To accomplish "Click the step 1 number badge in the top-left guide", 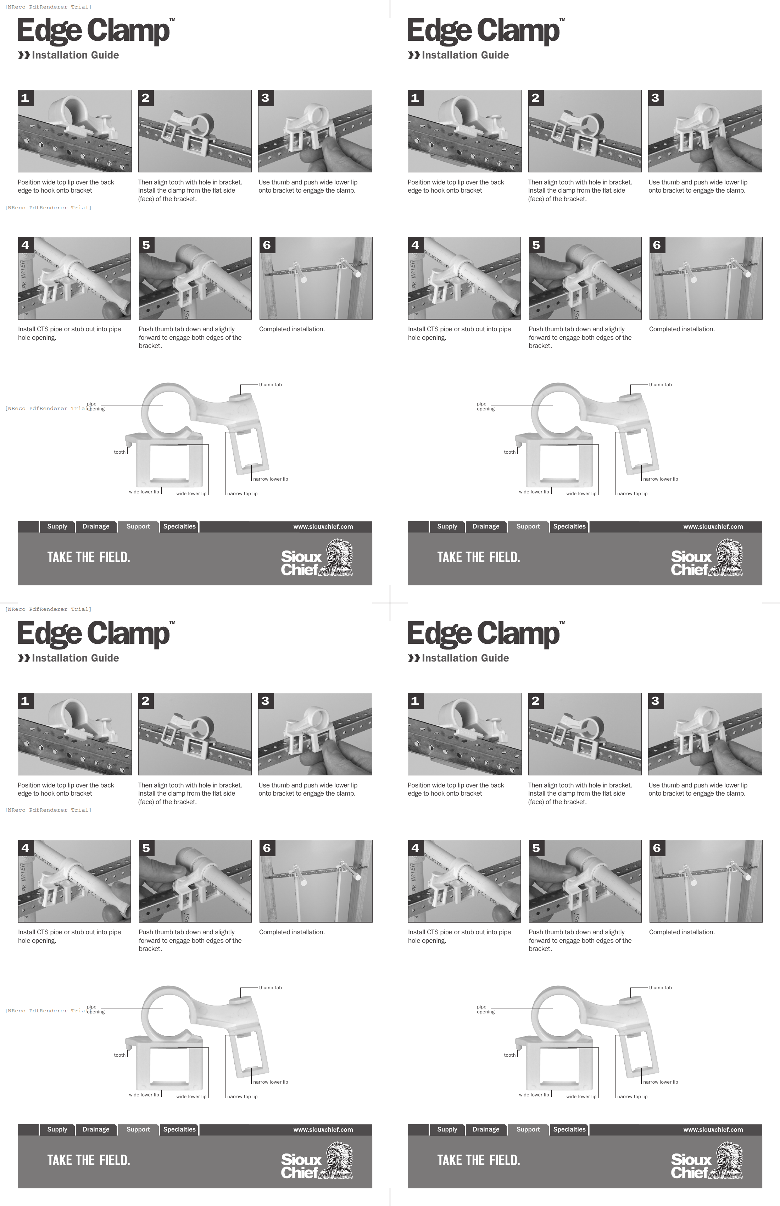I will (25, 98).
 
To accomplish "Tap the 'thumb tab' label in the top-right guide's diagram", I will (660, 385).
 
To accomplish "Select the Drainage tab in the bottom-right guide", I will (486, 1129).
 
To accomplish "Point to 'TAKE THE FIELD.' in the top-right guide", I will (479, 557).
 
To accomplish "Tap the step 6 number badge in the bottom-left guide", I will (267, 848).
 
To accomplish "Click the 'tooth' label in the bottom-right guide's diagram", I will (509, 1055).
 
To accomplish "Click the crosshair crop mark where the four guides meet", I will (390, 603).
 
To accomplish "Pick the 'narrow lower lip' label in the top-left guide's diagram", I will (271, 479).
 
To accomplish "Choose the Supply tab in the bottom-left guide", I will (57, 1129).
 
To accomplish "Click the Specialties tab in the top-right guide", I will (569, 526).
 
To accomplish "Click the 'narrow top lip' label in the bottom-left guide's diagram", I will (242, 1096).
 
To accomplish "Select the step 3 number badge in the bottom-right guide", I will (656, 701).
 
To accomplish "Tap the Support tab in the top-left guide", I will (138, 526).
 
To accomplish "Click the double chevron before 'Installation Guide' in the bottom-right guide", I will (414, 658).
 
